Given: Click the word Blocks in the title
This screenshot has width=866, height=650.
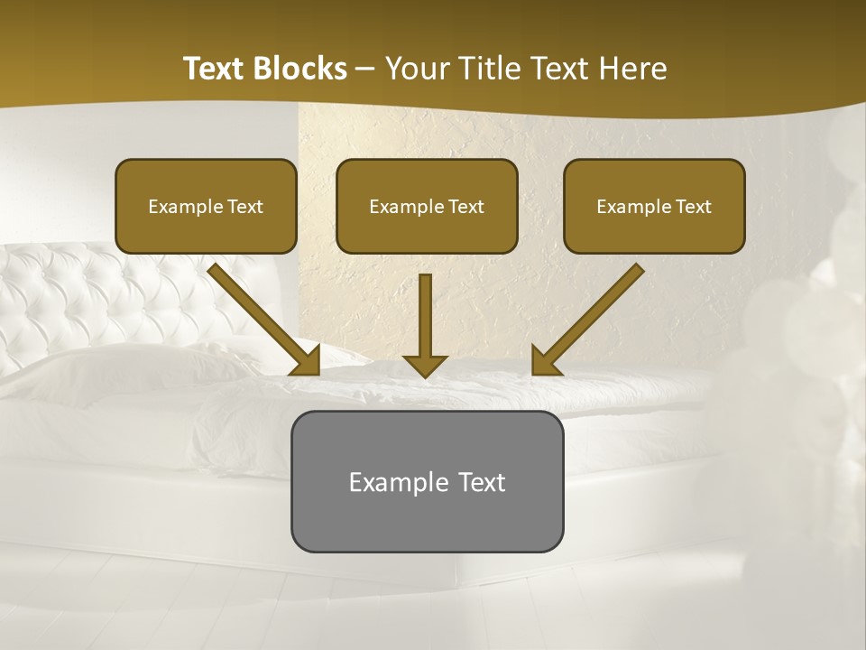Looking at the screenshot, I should click(300, 69).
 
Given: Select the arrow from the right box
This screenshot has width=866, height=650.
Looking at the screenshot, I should click(588, 319).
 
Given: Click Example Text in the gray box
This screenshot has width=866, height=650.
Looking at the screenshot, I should click(427, 482).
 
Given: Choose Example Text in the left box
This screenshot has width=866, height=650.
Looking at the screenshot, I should click(206, 207).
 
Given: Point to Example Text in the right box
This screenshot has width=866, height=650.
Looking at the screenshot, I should click(654, 207).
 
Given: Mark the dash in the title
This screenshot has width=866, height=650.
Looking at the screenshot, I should click(365, 69).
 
